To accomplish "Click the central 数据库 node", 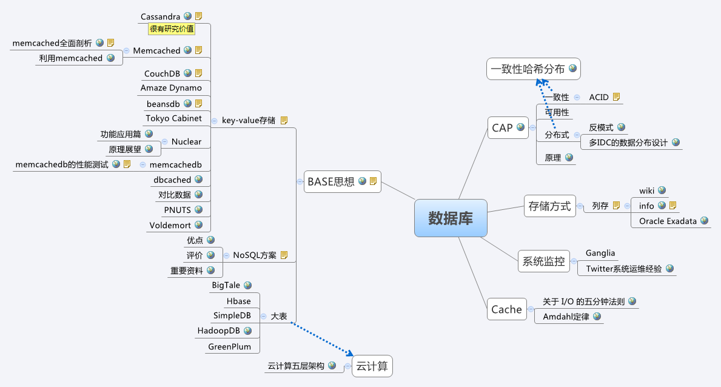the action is point(451,218).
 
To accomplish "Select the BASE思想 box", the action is point(343,182).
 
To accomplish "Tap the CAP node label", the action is point(502,128).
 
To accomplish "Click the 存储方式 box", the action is point(550,206).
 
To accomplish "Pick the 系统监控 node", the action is point(543,261).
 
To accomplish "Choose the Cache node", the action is point(507,309).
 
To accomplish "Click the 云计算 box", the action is point(372,366).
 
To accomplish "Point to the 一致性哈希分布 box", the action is point(534,69).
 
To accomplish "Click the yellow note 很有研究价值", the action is point(172,29).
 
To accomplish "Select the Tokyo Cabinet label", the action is point(174,118).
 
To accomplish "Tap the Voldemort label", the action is point(170,225).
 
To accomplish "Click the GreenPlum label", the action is point(229,346).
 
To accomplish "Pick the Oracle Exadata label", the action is point(668,221).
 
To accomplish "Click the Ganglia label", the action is point(600,253).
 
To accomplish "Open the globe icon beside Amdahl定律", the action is point(597,316).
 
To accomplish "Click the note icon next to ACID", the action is point(617,96).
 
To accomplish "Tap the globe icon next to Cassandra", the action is point(187,16).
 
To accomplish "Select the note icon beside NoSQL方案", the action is point(284,255).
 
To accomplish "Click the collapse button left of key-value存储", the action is point(214,121).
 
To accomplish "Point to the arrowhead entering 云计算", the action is point(350,354).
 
